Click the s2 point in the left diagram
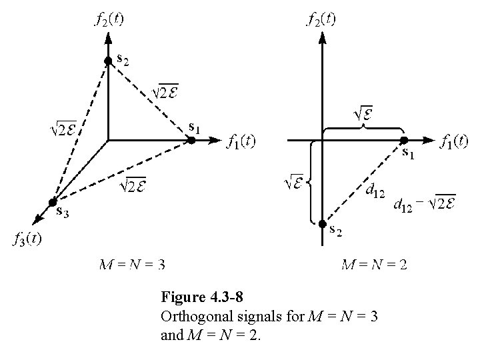pyautogui.click(x=108, y=61)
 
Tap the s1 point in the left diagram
pyautogui.click(x=191, y=140)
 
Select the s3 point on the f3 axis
pyautogui.click(x=52, y=203)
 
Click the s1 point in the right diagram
pyautogui.click(x=404, y=140)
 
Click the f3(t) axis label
pyautogui.click(x=29, y=239)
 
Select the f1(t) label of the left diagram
pyautogui.click(x=241, y=141)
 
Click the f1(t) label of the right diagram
pyautogui.click(x=454, y=141)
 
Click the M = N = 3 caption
pyautogui.click(x=131, y=265)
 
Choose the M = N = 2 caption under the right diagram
pyautogui.click(x=373, y=265)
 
